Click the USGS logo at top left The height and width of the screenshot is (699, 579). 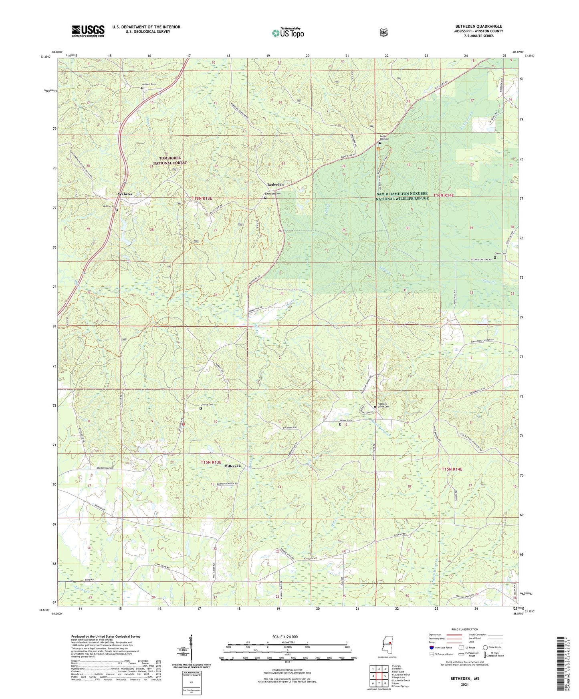(88, 31)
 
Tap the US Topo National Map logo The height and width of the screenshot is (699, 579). (287, 33)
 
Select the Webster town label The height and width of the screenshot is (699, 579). (125, 194)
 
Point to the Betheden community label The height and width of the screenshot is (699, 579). (275, 185)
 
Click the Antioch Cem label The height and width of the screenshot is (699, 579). (149, 84)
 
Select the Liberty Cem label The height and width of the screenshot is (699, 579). (207, 404)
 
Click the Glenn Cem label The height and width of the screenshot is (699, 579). (500, 253)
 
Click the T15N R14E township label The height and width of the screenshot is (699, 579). (452, 469)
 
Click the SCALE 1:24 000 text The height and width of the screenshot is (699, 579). (285, 637)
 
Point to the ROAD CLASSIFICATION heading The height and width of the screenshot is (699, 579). (464, 629)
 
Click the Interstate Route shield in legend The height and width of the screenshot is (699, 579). (431, 647)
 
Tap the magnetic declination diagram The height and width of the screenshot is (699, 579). (191, 650)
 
